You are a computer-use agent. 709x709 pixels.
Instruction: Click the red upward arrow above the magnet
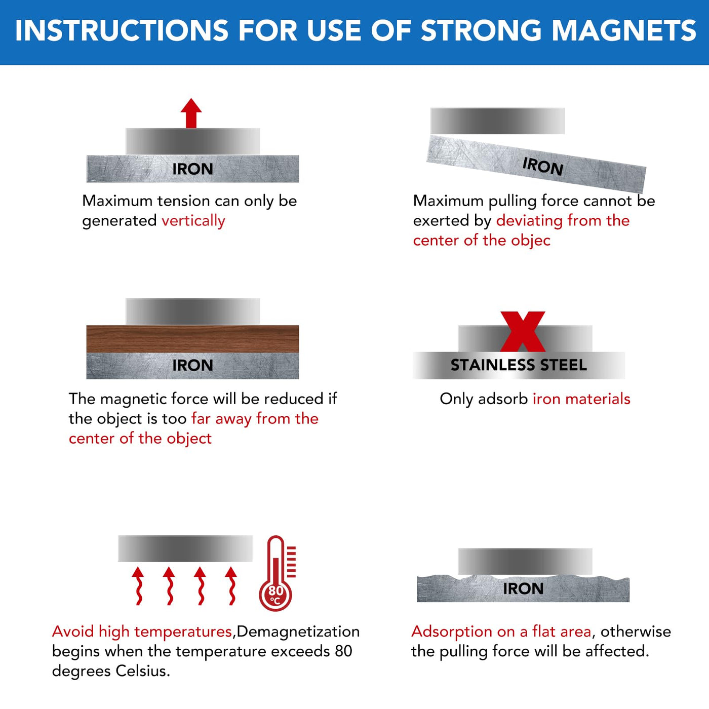click(191, 113)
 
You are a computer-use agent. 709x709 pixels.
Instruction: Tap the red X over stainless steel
click(523, 332)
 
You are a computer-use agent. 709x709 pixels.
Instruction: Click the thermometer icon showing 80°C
click(277, 573)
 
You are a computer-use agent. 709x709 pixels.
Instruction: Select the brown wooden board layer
click(192, 339)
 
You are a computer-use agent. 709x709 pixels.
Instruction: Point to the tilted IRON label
click(543, 166)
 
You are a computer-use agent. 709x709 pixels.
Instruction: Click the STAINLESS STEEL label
click(519, 365)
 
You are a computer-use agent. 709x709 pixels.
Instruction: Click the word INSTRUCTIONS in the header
click(122, 30)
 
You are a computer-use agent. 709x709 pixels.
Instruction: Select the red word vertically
click(193, 221)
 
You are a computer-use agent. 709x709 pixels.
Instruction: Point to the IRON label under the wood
click(193, 365)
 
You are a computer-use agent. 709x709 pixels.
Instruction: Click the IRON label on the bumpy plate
click(523, 588)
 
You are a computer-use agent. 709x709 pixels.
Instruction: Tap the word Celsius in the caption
click(143, 671)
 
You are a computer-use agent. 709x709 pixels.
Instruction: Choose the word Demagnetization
click(298, 632)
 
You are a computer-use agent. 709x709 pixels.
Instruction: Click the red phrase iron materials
click(581, 399)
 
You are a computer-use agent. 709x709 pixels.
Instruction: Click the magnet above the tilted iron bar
click(497, 121)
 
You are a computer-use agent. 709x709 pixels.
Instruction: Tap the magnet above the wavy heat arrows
click(185, 548)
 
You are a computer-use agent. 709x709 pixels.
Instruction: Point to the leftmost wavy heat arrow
click(138, 586)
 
